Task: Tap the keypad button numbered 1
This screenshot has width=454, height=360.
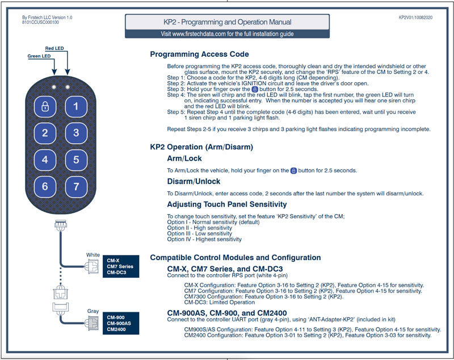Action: pyautogui.click(x=75, y=106)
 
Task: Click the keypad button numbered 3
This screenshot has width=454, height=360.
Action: pyautogui.click(x=75, y=133)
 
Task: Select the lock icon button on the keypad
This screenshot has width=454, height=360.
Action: pyautogui.click(x=45, y=106)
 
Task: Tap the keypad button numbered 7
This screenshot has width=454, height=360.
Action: pyautogui.click(x=75, y=186)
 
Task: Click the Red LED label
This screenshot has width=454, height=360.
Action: pyautogui.click(x=55, y=49)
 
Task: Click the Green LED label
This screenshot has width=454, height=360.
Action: pyautogui.click(x=39, y=57)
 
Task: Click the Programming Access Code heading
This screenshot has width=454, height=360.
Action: pyautogui.click(x=199, y=55)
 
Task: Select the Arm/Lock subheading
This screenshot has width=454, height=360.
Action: pyautogui.click(x=184, y=158)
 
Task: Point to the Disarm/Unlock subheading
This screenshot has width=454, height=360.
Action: pyautogui.click(x=194, y=182)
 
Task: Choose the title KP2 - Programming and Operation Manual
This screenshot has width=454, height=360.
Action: pyautogui.click(x=227, y=22)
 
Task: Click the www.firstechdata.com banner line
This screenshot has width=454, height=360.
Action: pyautogui.click(x=227, y=34)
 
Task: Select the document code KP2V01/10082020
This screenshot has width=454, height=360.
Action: pyautogui.click(x=416, y=18)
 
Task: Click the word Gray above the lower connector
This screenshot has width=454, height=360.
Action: pyautogui.click(x=93, y=311)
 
